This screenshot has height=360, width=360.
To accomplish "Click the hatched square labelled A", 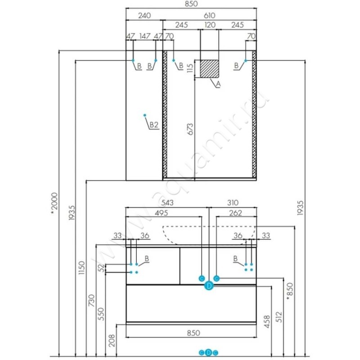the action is point(209,69).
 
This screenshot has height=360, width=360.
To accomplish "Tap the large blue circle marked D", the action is point(209,286).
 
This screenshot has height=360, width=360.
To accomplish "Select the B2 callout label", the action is point(154,125).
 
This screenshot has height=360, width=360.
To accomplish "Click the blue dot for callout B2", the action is point(144,115).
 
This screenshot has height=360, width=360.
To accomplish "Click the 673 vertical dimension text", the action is point(190,129).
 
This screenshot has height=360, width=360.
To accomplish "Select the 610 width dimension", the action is point(209,15).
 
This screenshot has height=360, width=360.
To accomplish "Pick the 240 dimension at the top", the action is point(144,15).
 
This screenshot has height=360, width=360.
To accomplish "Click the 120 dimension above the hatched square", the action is point(210,25).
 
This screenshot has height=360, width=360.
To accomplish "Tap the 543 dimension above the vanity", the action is point(167,202).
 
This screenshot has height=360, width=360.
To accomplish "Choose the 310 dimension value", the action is point(233,202).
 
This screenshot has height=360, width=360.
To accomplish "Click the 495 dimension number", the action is point(162,213).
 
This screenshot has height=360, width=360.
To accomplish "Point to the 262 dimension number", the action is point(235,213).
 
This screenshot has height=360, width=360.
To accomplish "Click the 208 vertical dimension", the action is point(112,341).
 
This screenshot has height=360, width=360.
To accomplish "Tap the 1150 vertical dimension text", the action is point(81,267).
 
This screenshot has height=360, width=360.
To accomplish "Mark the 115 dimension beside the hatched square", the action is point(190,68).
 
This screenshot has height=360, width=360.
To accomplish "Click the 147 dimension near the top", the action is point(145,36).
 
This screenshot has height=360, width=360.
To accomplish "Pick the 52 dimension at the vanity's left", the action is point(101,267).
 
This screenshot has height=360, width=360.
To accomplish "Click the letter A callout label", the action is point(218,84).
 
